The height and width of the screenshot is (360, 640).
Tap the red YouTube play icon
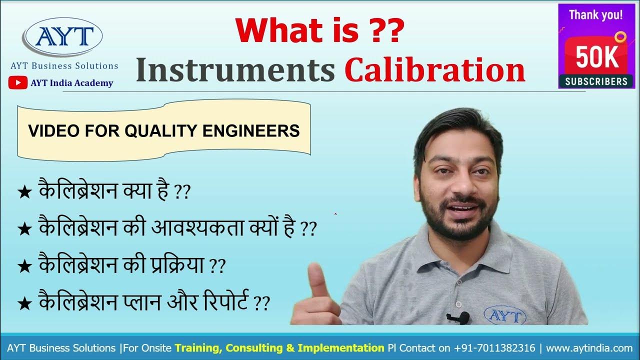(x=18, y=83)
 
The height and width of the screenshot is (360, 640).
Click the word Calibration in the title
(x=434, y=71)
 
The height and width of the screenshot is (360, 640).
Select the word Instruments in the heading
(x=235, y=71)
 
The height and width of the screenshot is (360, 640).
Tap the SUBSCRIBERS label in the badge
(x=596, y=81)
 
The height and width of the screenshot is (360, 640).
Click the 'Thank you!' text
(x=596, y=14)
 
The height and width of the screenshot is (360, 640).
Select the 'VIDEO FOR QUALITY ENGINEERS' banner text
(x=164, y=131)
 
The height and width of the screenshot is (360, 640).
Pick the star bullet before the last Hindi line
(x=24, y=303)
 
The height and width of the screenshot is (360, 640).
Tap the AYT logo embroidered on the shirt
(x=505, y=315)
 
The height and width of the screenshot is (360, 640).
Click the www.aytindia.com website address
(x=589, y=348)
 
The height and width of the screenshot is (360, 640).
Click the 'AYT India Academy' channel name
(x=71, y=83)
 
